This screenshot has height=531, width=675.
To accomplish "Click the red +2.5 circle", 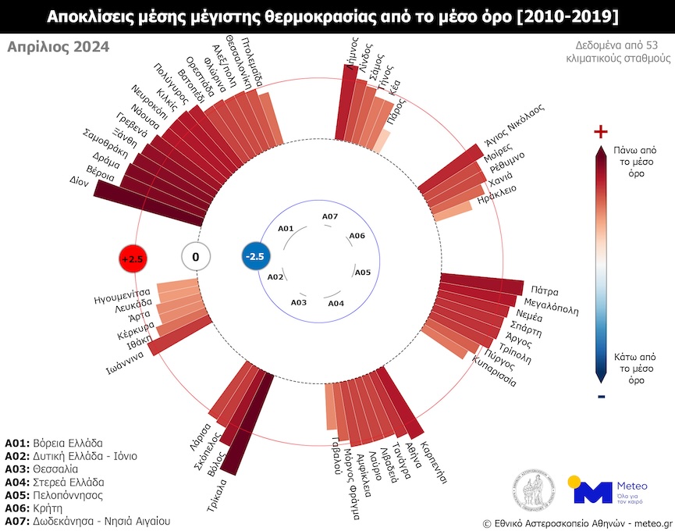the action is click(133, 258).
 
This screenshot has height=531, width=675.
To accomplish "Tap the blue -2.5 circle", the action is click(256, 257).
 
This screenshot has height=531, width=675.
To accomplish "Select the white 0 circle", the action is click(196, 257).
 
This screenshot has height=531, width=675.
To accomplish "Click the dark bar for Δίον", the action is click(148, 203).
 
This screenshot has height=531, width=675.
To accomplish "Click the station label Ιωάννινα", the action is click(126, 363).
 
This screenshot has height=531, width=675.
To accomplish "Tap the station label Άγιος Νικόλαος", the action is click(514, 124).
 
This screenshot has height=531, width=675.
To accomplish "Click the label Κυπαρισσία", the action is click(494, 371).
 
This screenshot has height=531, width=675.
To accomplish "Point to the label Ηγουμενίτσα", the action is click(122, 296).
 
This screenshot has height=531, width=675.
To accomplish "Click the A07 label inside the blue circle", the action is click(330, 216).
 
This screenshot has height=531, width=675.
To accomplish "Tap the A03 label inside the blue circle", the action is click(299, 302).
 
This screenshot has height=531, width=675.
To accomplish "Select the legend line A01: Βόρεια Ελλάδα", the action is click(54, 443).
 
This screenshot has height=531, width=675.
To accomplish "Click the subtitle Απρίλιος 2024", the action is click(59, 47).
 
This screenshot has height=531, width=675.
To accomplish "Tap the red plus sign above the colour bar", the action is click(601, 131).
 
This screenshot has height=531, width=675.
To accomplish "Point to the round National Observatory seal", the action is click(534, 490).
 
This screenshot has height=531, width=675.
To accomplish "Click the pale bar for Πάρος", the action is click(381, 141).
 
